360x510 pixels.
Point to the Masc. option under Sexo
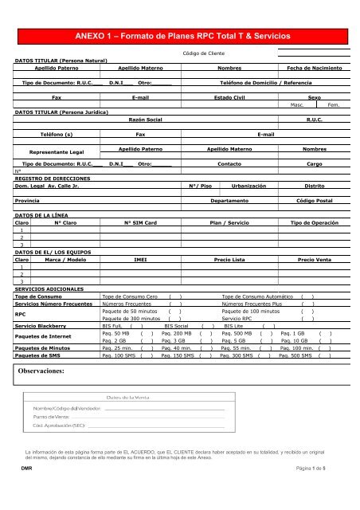(301, 104)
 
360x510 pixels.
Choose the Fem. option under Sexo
(334, 104)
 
